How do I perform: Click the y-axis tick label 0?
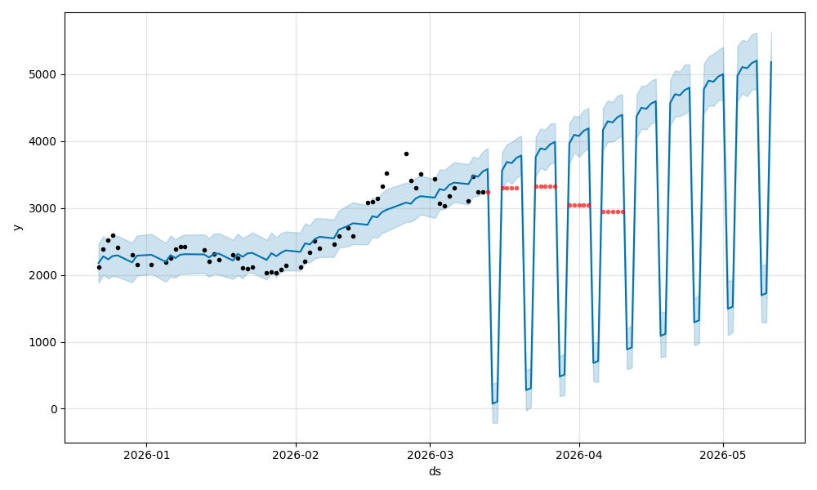(54, 409)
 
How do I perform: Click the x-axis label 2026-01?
(147, 455)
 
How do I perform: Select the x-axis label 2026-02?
(296, 455)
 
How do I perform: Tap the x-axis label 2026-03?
(430, 455)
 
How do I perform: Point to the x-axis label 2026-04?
(579, 455)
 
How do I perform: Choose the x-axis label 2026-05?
(723, 455)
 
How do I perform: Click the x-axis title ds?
(435, 471)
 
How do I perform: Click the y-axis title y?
(16, 227)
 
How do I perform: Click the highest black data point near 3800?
(406, 154)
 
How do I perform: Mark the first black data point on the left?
(99, 267)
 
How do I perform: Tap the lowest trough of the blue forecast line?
(493, 403)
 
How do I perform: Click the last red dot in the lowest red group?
(623, 212)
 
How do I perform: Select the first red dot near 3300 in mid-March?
(502, 188)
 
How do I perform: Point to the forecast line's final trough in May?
(762, 295)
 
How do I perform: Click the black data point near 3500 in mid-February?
(386, 173)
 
